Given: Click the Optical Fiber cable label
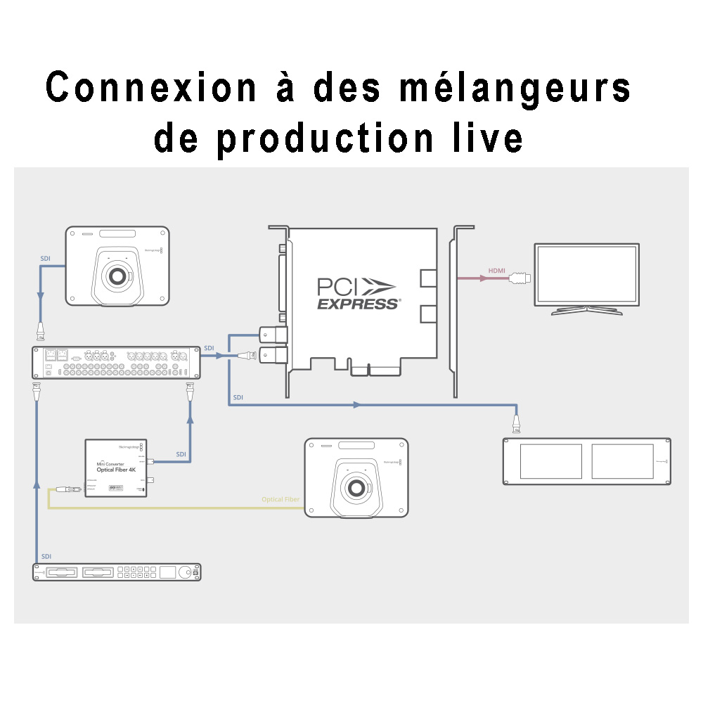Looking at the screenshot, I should click(280, 499).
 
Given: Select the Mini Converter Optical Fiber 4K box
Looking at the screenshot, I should click(117, 468).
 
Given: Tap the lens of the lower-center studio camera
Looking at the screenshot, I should click(356, 488).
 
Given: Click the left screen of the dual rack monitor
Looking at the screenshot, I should click(547, 461).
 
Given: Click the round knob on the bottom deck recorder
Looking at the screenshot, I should click(185, 572).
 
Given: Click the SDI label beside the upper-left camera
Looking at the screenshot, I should click(46, 259).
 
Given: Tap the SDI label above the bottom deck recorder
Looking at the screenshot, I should click(46, 555).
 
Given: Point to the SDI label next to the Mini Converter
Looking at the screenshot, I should click(181, 454).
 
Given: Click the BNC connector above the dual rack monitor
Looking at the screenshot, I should click(517, 424).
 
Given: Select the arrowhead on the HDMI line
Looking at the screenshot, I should click(482, 278).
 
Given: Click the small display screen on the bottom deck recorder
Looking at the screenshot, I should click(167, 572).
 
